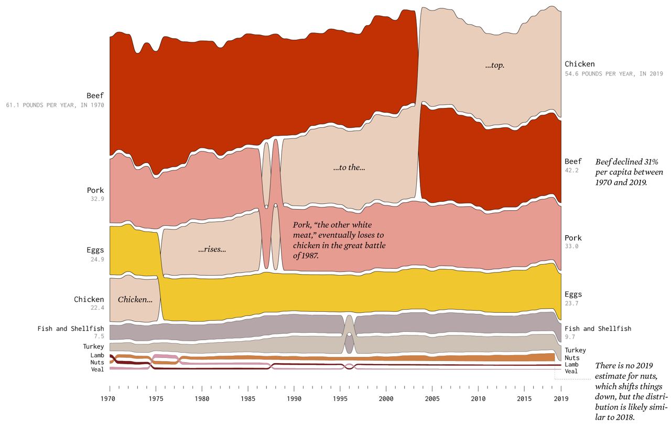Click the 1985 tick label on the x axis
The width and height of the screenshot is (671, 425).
(x=248, y=398)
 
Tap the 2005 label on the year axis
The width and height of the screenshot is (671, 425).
(x=432, y=398)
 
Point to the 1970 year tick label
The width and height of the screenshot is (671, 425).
(x=110, y=398)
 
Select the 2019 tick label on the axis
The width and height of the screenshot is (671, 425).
(x=561, y=398)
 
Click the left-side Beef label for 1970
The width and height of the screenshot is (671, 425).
(x=95, y=95)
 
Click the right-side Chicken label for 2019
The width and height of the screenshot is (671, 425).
(x=579, y=64)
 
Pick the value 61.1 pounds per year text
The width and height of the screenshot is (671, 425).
(x=55, y=105)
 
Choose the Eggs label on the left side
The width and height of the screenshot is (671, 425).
(x=95, y=250)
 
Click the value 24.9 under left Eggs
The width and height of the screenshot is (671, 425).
(x=98, y=259)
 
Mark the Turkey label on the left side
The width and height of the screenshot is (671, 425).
(x=93, y=346)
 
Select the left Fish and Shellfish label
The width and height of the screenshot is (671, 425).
(x=71, y=329)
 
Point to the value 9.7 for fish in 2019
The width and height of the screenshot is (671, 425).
(x=571, y=337)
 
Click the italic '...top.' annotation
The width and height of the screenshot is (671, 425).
(x=494, y=66)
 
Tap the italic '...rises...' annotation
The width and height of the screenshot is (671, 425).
(x=212, y=249)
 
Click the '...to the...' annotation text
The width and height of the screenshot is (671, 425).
(x=349, y=168)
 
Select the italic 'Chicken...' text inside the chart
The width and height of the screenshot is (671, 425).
(x=135, y=300)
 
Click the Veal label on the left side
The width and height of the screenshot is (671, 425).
(x=98, y=369)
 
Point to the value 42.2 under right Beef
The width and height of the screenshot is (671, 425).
(x=571, y=170)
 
